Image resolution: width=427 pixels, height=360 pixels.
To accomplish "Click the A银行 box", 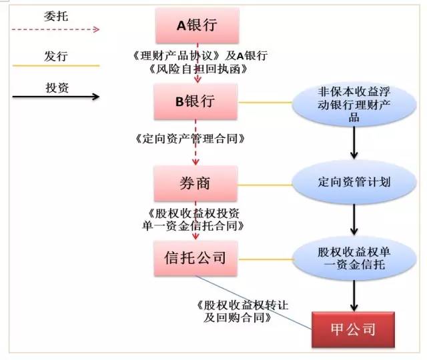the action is [197, 25].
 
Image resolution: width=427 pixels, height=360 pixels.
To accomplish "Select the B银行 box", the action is [195, 101].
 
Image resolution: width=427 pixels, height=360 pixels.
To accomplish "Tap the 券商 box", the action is [195, 183].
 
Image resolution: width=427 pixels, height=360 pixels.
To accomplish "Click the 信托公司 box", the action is [195, 258].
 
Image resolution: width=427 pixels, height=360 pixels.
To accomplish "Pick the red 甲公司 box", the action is [353, 329].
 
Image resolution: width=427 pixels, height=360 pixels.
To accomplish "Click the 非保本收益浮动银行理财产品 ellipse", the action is [354, 105].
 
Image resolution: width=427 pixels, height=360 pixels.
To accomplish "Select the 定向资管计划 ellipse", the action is [354, 182].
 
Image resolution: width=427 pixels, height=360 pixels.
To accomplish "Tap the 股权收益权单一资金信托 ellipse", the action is [354, 259].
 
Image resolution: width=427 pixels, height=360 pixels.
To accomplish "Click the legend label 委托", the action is [56, 16].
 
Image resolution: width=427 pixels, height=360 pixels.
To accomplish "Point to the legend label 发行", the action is [56, 56].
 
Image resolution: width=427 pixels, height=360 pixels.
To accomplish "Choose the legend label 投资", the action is [57, 88].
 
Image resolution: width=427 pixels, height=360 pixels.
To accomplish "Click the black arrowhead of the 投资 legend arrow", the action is [95, 96].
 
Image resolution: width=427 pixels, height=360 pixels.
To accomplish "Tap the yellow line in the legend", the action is [56, 65].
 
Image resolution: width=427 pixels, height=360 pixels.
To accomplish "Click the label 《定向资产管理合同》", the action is [189, 139].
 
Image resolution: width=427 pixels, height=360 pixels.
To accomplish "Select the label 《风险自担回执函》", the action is [198, 69].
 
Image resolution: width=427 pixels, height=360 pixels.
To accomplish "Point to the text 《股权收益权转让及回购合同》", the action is [242, 311].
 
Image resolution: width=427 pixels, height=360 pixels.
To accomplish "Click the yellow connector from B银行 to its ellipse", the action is [266, 103].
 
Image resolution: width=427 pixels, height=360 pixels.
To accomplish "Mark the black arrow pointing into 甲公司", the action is [354, 296].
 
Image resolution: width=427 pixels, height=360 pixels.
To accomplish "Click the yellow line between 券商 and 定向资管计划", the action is [265, 185].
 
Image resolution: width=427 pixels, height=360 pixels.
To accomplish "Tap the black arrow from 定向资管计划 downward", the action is [354, 219].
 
